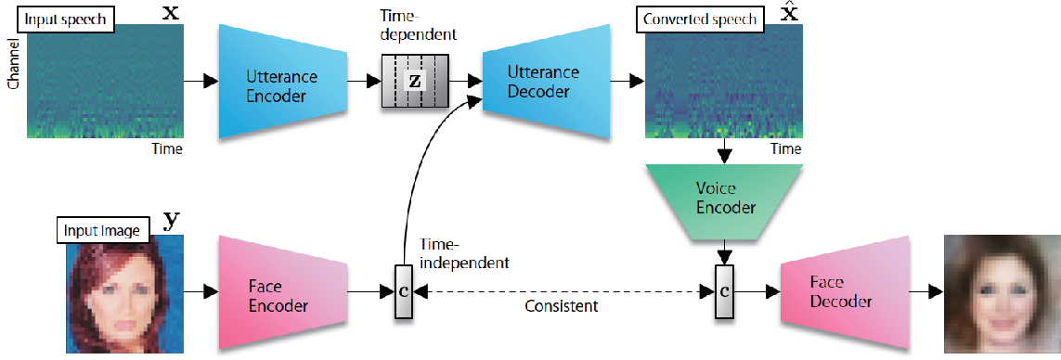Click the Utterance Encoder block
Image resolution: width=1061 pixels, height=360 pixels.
283,82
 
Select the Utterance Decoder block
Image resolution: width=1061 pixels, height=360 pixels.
546,82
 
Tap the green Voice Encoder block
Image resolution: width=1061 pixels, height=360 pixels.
725,199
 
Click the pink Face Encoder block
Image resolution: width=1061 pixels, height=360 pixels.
283,292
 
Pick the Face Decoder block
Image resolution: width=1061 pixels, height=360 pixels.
844,292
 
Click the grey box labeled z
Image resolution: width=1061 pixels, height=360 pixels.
415,82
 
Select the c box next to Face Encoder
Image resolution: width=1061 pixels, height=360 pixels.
403,292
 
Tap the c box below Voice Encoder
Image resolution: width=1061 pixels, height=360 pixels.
725,292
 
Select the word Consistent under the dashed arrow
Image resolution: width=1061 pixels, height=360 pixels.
562,306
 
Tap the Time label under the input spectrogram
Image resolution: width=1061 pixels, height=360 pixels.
166,148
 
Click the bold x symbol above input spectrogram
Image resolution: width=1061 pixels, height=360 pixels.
172,14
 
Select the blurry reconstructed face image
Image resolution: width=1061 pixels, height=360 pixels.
1003,293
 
